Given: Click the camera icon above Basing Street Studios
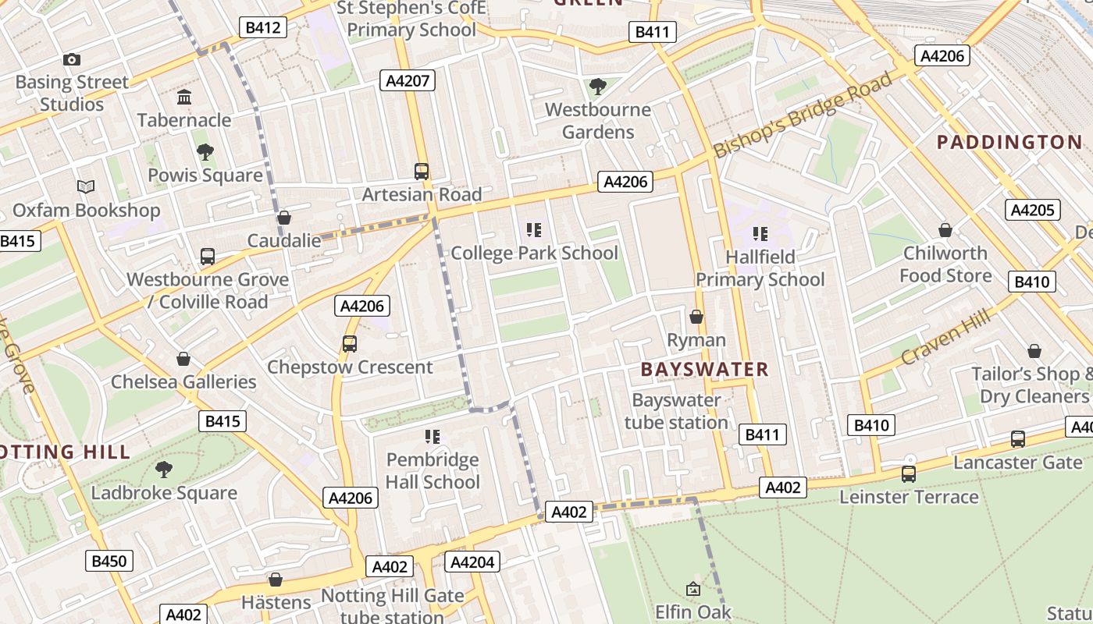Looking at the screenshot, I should click(71, 59).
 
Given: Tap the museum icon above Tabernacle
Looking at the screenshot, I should click(184, 97).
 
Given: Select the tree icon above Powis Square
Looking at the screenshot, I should click(205, 152).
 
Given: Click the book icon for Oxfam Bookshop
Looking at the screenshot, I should click(86, 187).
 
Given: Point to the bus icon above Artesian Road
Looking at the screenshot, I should click(422, 172).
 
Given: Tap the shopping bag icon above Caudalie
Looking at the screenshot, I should click(284, 218).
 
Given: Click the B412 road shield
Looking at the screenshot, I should click(262, 28).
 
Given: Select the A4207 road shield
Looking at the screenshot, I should click(407, 80).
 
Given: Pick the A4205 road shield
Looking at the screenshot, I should click(1033, 210).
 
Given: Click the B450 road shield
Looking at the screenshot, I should click(109, 561).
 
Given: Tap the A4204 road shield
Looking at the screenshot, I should click(472, 562).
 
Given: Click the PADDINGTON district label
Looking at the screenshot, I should click(1009, 142).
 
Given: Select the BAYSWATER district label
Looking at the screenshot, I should click(704, 370).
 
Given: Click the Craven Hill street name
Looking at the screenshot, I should click(945, 337).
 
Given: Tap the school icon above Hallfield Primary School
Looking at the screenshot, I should click(760, 233).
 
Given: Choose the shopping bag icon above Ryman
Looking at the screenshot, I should click(696, 317).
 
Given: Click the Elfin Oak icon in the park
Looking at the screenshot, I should click(692, 589).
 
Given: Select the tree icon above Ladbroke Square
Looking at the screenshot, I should click(164, 470).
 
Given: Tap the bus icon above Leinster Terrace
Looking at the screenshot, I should click(908, 473).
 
